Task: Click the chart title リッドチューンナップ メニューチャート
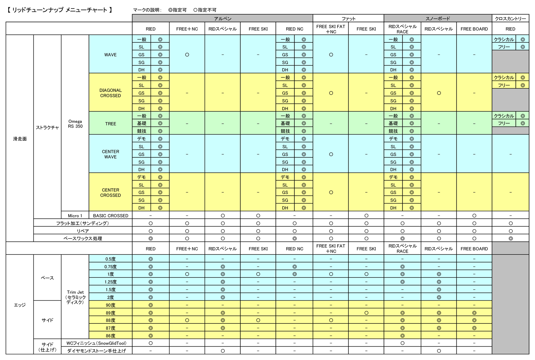(x=60, y=10)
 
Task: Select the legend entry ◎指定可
(x=177, y=10)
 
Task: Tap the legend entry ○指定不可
(x=205, y=10)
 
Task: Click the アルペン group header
(x=222, y=19)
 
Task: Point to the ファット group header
(x=348, y=19)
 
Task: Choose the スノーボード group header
(x=437, y=19)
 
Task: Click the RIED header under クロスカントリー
(x=510, y=29)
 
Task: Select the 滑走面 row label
(x=20, y=139)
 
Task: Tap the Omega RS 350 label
(x=75, y=124)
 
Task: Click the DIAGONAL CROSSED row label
(x=110, y=93)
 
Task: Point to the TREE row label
(x=110, y=124)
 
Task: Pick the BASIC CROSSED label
(x=110, y=216)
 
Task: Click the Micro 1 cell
(x=75, y=216)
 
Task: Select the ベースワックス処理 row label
(x=82, y=239)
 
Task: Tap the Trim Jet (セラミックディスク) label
(x=75, y=297)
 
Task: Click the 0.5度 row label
(x=110, y=259)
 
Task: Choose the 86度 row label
(x=110, y=336)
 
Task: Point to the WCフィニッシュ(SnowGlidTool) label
(x=96, y=343)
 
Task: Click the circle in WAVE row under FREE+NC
(x=187, y=55)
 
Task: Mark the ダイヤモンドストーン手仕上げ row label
(x=96, y=351)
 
